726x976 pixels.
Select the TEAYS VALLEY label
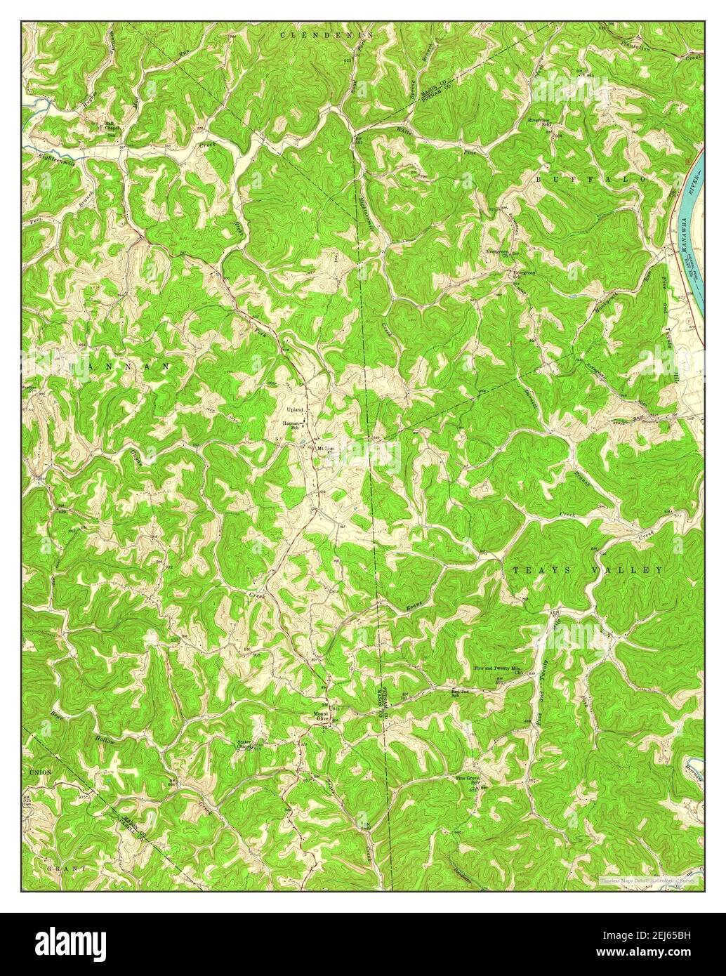point(587,570)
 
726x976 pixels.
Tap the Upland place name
point(294,409)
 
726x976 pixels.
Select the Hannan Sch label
point(292,426)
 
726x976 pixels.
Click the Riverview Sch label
point(539,122)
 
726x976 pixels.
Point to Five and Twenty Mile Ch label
point(500,670)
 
